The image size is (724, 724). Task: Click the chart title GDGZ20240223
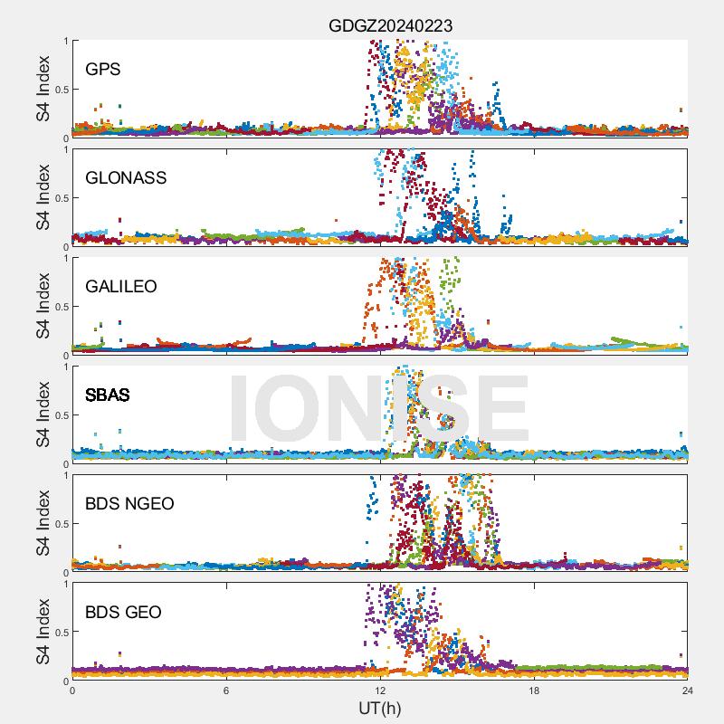(x=390, y=26)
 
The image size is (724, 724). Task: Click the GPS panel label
(x=103, y=69)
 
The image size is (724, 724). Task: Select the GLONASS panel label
(x=126, y=177)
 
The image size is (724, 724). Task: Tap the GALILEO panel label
(x=121, y=286)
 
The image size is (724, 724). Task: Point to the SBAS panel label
(x=108, y=395)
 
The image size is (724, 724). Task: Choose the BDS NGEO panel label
(x=129, y=503)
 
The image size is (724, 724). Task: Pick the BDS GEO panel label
(x=123, y=613)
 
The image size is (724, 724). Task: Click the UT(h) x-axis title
(x=379, y=707)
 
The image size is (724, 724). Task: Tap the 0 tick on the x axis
(x=72, y=690)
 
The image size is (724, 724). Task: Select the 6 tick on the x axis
(x=226, y=690)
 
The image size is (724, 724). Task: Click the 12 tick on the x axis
(x=380, y=690)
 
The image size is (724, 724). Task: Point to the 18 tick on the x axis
(x=534, y=690)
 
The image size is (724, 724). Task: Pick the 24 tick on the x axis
(x=688, y=690)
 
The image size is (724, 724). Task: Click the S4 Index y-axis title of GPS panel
(x=43, y=89)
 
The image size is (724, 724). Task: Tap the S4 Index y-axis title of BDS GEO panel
(x=43, y=632)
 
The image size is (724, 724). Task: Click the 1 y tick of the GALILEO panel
(x=65, y=258)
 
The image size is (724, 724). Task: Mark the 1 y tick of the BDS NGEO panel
(x=65, y=475)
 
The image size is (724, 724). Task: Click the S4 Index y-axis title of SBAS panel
(x=43, y=414)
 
